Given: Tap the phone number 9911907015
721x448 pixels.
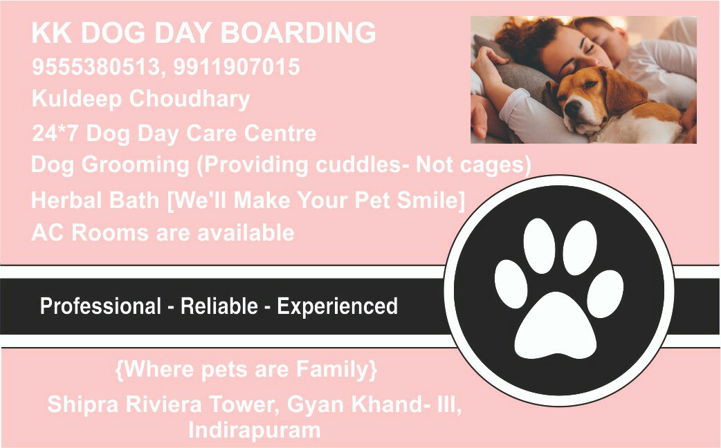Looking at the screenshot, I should [x=237, y=68].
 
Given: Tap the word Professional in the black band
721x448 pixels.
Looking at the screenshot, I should [x=100, y=306].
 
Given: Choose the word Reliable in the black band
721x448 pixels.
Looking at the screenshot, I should [x=219, y=306].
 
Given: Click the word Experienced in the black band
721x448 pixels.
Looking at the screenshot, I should [x=337, y=306].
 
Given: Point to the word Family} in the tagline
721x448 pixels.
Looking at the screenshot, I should [x=337, y=370].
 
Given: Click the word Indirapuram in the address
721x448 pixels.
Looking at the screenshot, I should [x=255, y=430].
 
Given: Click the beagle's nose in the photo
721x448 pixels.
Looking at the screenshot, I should [x=571, y=109].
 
